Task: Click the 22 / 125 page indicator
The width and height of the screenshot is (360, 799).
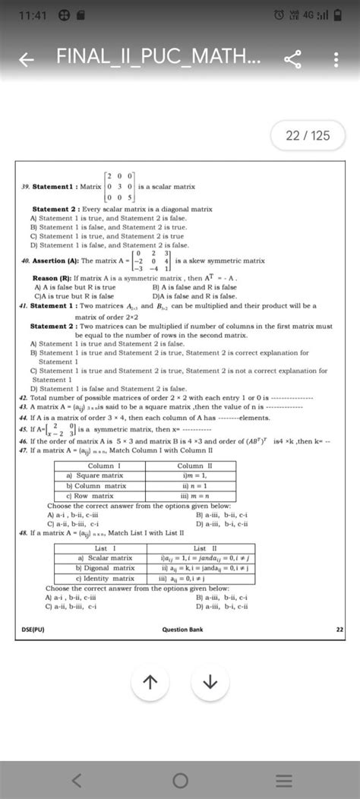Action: click(x=307, y=136)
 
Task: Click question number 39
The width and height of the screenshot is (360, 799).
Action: click(x=25, y=186)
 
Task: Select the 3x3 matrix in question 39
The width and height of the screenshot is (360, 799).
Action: click(x=121, y=186)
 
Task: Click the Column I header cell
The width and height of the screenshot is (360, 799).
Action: click(x=100, y=466)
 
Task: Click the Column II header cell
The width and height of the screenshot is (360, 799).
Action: click(x=194, y=466)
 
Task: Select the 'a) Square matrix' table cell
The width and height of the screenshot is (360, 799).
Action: click(x=100, y=475)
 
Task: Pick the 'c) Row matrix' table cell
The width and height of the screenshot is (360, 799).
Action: click(x=100, y=495)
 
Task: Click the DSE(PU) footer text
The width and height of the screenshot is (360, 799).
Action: click(x=33, y=630)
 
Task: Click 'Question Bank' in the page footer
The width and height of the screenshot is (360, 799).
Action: click(x=182, y=630)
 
